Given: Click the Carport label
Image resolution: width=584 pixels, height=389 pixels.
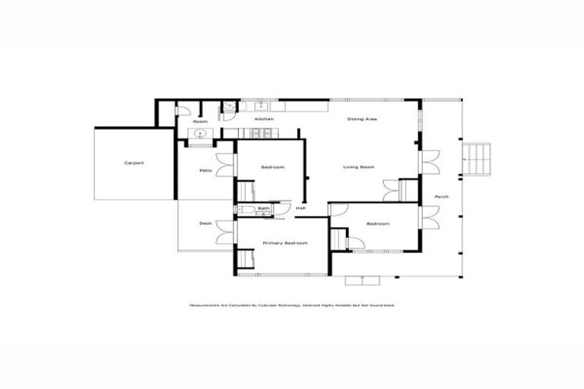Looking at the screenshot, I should point(135,163).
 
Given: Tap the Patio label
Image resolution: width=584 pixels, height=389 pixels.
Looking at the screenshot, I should point(205,170).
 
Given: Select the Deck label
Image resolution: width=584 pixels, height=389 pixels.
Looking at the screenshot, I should point(205,223).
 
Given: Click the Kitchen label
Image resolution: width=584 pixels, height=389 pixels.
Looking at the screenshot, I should point(264,119).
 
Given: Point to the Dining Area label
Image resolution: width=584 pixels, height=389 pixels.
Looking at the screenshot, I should point(363,119).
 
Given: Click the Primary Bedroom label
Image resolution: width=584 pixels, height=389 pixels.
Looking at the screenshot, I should point(285,243).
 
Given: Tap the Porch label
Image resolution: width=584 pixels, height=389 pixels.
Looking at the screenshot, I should point(441,197).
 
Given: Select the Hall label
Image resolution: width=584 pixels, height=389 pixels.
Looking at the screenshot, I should point(300,208).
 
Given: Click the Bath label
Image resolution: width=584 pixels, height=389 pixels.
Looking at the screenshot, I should point(263,208).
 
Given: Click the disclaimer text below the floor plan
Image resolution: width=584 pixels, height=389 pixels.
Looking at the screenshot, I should point(292,305).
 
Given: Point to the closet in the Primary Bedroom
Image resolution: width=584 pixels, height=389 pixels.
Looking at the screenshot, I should point(245,261).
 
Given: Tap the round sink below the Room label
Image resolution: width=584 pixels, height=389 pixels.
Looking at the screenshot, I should point(200,134).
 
